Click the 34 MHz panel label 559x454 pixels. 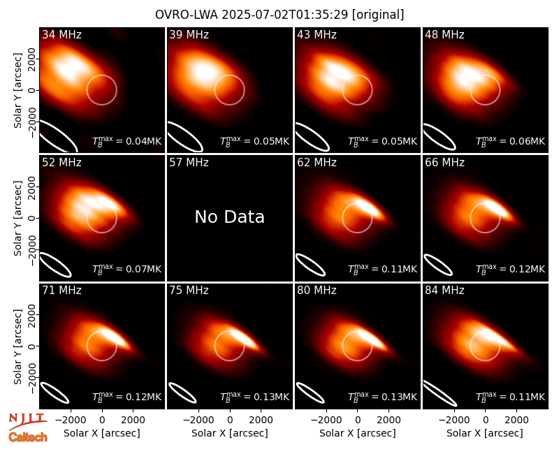click(x=61, y=34)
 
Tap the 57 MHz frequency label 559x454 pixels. click(x=189, y=163)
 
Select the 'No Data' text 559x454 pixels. click(x=230, y=217)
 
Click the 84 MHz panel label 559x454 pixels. click(x=444, y=291)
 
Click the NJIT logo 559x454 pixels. click(x=28, y=421)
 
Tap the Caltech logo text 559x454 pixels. click(x=28, y=437)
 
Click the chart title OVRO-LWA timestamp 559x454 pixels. click(x=279, y=15)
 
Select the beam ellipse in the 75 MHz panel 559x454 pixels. click(x=182, y=393)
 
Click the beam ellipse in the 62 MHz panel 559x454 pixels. click(x=311, y=265)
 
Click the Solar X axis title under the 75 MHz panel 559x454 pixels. click(x=230, y=433)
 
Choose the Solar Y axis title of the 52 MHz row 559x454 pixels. click(x=17, y=218)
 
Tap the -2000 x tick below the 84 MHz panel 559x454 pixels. click(x=453, y=420)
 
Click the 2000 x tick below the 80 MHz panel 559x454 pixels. click(x=389, y=420)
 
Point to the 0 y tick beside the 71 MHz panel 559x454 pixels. click(x=32, y=346)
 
